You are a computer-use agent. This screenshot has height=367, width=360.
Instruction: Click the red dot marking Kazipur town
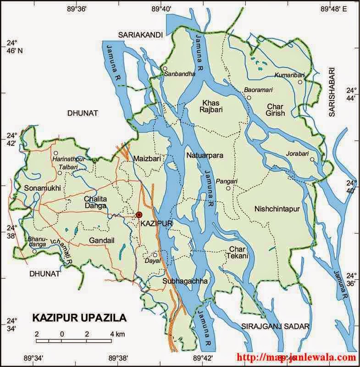139,215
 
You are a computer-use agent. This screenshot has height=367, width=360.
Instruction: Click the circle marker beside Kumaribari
300,82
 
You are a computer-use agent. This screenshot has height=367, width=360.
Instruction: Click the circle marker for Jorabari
312,160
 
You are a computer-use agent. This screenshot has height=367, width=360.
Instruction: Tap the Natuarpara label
205,156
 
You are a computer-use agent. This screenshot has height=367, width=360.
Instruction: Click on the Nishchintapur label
277,209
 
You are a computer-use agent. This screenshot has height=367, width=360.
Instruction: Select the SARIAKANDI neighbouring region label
138,35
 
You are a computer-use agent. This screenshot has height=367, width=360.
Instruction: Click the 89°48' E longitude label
334,8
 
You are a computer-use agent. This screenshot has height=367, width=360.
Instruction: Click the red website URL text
296,357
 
